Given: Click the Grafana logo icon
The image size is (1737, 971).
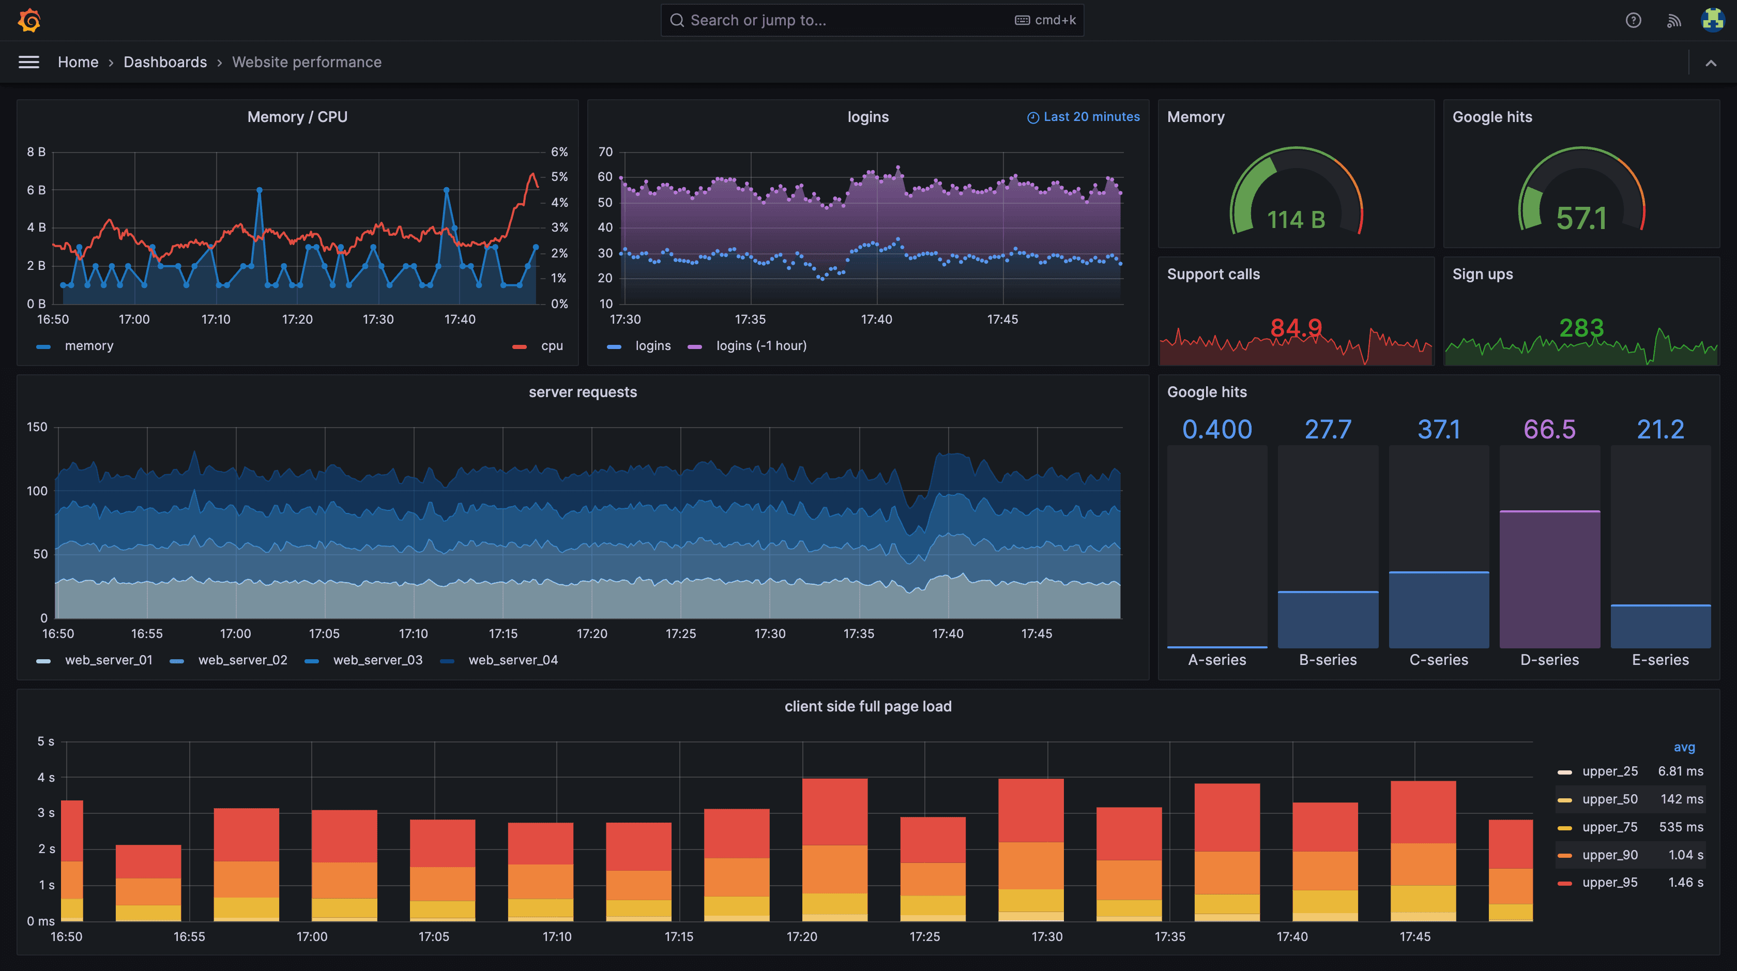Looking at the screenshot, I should tap(29, 20).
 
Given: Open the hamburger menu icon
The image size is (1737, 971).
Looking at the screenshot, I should tap(28, 62).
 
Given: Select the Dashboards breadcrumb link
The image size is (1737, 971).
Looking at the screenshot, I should tap(165, 62).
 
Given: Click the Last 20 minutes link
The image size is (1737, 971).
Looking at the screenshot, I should tap(1084, 117).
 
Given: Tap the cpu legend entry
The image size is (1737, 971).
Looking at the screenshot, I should tap(551, 346).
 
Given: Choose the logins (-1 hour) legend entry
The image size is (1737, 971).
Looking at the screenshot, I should tap(760, 346).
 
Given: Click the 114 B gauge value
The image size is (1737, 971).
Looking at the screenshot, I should tap(1296, 220).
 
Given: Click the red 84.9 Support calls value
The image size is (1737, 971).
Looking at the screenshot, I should tap(1296, 328).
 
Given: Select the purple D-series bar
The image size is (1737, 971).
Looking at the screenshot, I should tap(1549, 580).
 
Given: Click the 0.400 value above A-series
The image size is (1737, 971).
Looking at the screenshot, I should tap(1216, 430).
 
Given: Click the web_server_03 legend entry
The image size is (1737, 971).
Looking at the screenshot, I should tap(377, 660).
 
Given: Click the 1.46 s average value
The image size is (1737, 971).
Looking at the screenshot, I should tap(1685, 883).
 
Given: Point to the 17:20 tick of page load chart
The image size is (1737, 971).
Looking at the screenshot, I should tap(802, 936).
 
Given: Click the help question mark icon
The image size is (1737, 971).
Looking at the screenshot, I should tap(1633, 20).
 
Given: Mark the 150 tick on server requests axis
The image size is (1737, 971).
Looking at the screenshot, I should tap(37, 427).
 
